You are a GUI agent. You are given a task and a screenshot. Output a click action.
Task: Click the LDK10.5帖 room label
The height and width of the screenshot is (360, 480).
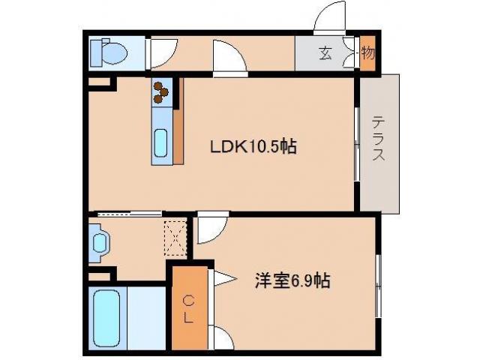click(x=253, y=148)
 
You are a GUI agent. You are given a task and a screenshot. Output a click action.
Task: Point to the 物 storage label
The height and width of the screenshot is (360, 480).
click(x=367, y=54)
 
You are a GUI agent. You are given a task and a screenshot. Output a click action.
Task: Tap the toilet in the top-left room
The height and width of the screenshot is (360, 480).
click(x=107, y=52)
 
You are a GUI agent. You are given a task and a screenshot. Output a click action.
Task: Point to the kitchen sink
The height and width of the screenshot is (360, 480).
click(x=161, y=141)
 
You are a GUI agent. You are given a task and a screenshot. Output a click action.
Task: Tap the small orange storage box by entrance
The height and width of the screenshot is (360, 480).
click(x=367, y=54)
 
